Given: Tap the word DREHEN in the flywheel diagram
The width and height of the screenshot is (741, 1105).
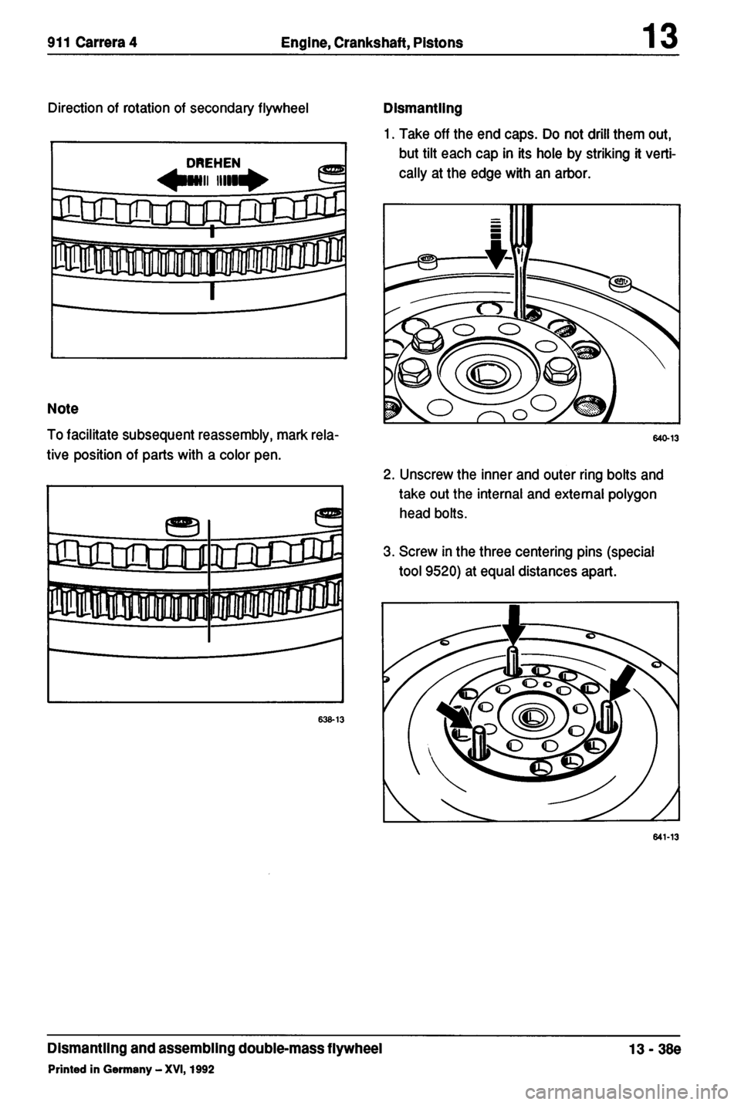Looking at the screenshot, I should click(x=214, y=162).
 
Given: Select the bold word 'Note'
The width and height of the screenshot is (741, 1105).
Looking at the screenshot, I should click(x=64, y=407).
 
